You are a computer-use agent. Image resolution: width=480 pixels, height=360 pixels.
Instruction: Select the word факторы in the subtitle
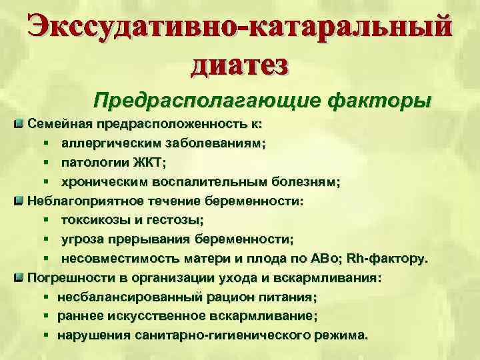(380, 101)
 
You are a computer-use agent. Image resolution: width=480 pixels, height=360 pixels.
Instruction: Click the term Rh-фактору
(394, 258)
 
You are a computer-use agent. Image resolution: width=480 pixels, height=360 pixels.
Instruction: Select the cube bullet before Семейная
(20, 124)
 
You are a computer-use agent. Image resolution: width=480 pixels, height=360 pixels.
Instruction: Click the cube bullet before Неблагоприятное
(20, 200)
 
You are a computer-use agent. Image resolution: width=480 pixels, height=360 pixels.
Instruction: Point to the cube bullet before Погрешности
(20, 277)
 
